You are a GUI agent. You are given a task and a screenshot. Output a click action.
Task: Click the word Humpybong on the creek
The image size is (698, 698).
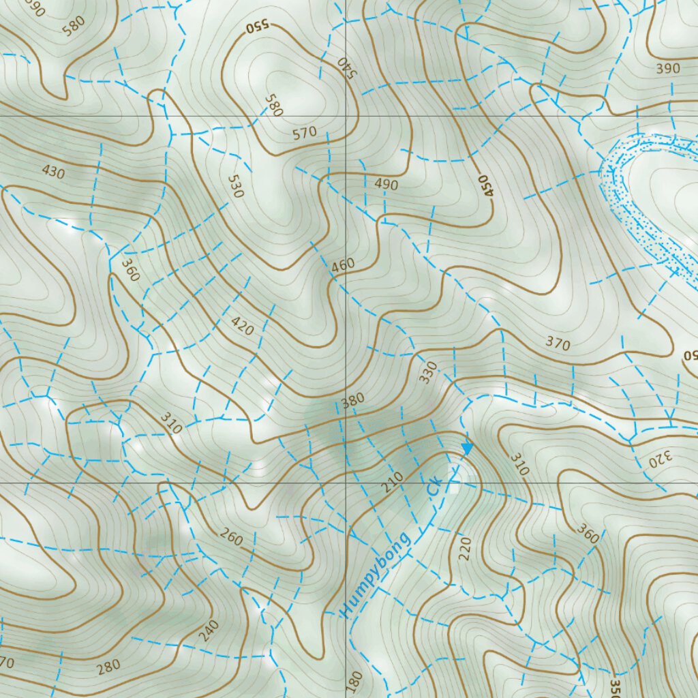[377, 575]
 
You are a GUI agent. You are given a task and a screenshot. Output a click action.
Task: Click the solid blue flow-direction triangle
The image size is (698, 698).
[467, 448]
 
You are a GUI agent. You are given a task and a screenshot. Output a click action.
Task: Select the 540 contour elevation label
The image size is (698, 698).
[347, 67]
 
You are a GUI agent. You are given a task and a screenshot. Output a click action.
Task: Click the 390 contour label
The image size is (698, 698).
[668, 68]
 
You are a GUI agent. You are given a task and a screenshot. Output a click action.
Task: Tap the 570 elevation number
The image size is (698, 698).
[304, 132]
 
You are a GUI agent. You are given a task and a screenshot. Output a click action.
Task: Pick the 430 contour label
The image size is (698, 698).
[52, 172]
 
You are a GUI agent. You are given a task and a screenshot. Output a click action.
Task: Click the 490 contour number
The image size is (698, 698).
[386, 184]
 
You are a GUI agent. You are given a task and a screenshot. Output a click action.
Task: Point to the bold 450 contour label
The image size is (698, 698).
[485, 185]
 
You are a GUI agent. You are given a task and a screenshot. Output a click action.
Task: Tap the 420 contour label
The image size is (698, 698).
[242, 326]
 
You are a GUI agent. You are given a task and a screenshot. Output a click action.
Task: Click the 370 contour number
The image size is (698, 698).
[558, 344]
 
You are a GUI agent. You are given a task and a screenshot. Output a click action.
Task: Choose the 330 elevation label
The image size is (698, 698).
[428, 372]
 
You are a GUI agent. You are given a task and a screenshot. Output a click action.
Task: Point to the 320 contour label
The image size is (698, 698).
[661, 459]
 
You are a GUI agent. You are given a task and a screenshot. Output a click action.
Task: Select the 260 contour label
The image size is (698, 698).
[231, 538]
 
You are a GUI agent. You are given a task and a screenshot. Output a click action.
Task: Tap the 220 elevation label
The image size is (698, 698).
[466, 549]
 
